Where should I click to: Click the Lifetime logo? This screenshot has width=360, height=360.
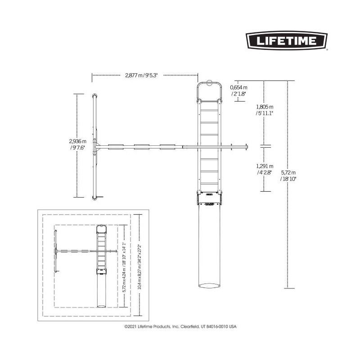click(287, 40)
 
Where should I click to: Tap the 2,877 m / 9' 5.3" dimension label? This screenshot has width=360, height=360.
click(141, 75)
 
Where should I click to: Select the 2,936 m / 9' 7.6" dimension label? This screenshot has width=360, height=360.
click(77, 144)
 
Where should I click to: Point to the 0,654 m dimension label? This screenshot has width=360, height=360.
click(239, 90)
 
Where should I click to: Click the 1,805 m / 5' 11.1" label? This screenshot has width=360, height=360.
click(265, 110)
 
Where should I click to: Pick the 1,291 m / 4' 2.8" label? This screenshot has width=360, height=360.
click(265, 169)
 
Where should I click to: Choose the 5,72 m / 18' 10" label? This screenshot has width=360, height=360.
click(288, 175)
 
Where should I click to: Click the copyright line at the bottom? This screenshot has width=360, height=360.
click(180, 326)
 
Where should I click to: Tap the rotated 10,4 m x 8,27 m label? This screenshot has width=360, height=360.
click(139, 267)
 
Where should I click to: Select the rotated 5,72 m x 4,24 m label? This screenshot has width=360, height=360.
click(125, 267)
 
